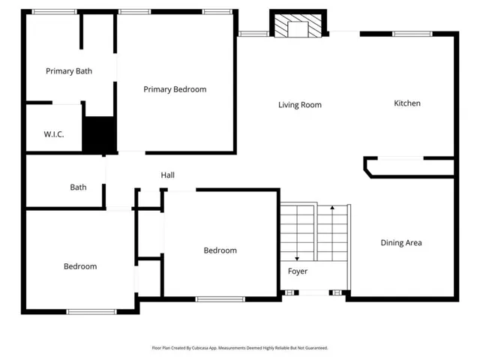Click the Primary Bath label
pyautogui.click(x=69, y=71)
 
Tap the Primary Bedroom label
pyautogui.click(x=175, y=89)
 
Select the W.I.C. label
pyautogui.click(x=54, y=134)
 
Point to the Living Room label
pyautogui.click(x=300, y=105)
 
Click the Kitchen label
pyautogui.click(x=406, y=103)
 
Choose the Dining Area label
pyautogui.click(x=401, y=243)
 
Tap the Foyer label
pyautogui.click(x=298, y=271)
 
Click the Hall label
pyautogui.click(x=168, y=175)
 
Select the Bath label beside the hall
pyautogui.click(x=78, y=187)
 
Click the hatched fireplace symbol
pyautogui.click(x=298, y=25)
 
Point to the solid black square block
pyautogui.click(x=100, y=134)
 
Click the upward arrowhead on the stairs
pyautogui.click(x=332, y=208)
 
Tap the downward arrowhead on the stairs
pyautogui.click(x=297, y=259)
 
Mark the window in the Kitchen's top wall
pyautogui.click(x=412, y=34)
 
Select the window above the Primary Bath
pyautogui.click(x=55, y=12)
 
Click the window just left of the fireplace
pyautogui.click(x=253, y=34)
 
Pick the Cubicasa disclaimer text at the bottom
pyautogui.click(x=240, y=348)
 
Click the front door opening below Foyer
pyautogui.click(x=313, y=292)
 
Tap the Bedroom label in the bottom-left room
pyautogui.click(x=80, y=266)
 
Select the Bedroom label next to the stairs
pyautogui.click(x=220, y=250)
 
